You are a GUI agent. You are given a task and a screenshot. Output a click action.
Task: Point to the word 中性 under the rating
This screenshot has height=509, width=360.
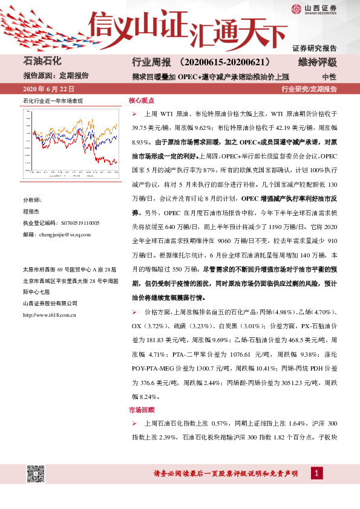[330, 76]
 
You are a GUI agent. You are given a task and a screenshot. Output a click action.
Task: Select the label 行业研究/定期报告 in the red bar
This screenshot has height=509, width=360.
[309, 89]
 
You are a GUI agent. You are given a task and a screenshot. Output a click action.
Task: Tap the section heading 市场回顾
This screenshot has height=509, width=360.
[141, 410]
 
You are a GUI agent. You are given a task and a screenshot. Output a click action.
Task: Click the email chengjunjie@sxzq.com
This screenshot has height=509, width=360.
[56, 235]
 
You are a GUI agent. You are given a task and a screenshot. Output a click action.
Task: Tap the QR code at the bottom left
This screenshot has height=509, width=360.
[36, 475]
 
